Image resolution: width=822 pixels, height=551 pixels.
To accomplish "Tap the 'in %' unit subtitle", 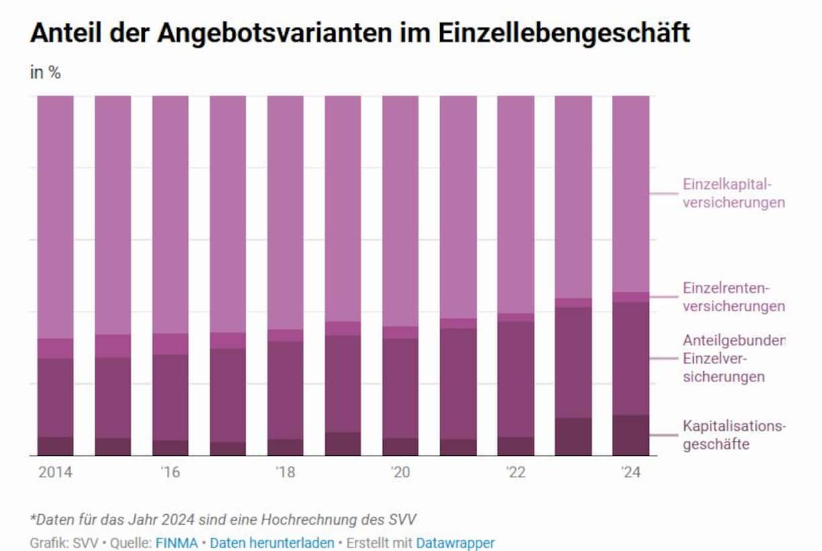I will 46,73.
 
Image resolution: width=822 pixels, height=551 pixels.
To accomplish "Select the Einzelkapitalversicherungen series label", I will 733,193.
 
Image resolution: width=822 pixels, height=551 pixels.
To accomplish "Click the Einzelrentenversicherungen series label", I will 733,297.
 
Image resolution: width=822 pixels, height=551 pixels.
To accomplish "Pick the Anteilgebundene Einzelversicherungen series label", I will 733,358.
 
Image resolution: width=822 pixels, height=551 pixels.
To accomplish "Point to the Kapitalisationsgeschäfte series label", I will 733,434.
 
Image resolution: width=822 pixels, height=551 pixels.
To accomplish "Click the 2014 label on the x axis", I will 55,472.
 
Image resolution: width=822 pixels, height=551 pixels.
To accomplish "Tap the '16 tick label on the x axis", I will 170,472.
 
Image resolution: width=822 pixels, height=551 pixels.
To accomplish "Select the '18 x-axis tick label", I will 285,472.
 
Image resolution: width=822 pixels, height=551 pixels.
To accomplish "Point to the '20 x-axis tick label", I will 401,472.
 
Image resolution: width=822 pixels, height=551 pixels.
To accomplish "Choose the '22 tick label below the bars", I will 515,472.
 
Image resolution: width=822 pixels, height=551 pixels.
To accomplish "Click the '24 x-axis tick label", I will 631,472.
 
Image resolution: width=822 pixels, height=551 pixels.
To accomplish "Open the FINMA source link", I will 176,543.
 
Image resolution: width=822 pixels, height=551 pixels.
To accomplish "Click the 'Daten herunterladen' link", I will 272,543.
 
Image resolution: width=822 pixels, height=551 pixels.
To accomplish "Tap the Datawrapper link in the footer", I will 455,543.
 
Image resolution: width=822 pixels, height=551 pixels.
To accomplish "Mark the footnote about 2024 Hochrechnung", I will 227,519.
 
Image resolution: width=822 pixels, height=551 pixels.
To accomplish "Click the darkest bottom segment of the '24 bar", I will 631,435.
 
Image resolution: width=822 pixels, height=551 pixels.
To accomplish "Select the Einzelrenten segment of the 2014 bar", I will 55,348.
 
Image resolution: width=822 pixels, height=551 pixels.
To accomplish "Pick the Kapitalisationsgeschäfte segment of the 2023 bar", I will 573,436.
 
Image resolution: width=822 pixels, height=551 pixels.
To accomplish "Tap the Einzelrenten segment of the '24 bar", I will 631,297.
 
